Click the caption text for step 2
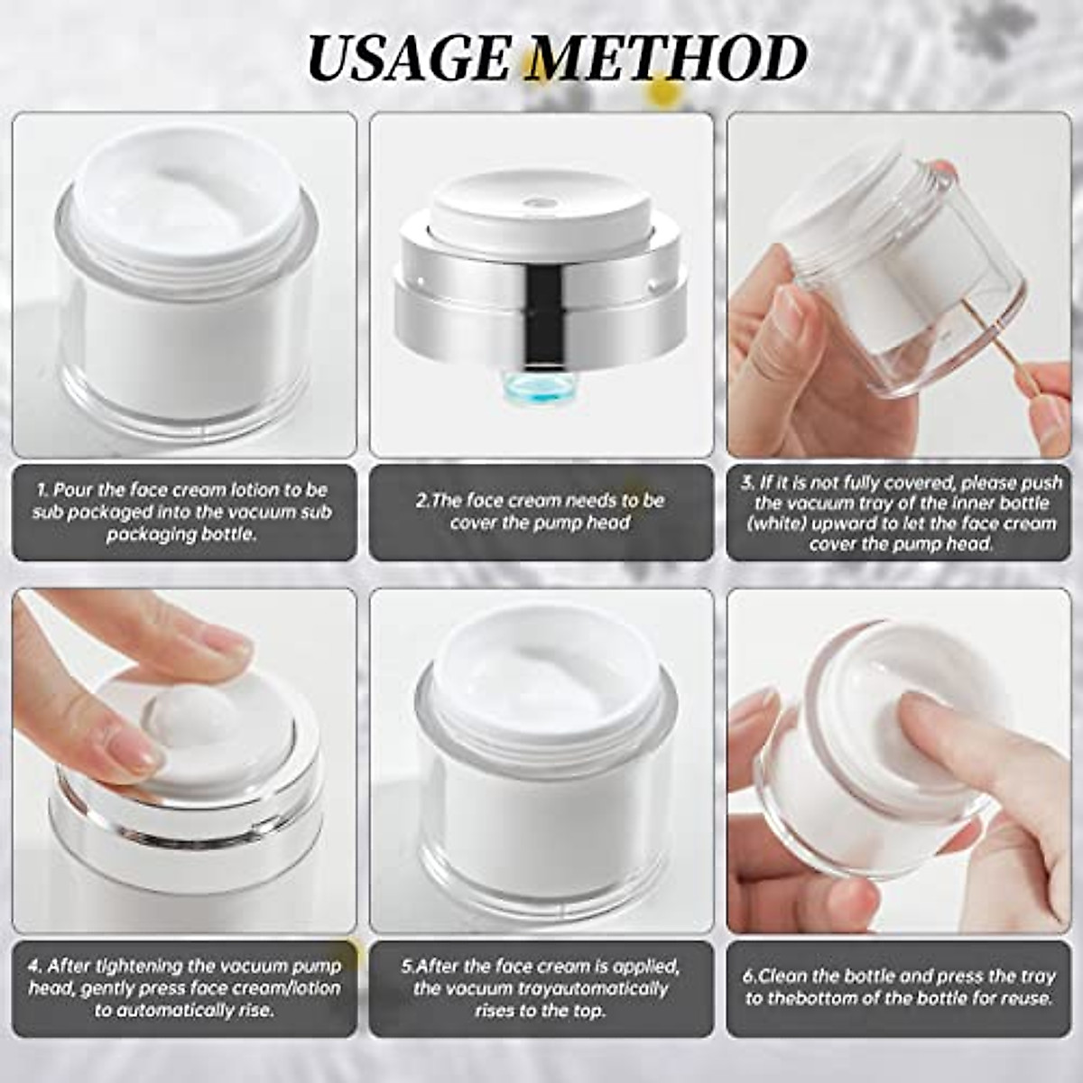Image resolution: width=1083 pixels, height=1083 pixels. (540, 512)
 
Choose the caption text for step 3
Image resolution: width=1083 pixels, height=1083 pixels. (899, 514)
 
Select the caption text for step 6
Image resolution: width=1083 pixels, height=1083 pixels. (898, 987)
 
